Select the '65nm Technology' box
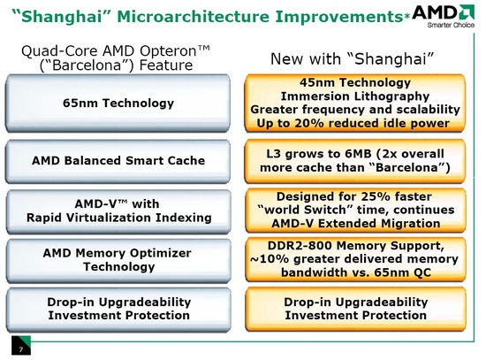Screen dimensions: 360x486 tap(118, 103)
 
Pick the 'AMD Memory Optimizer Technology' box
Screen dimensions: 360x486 tap(118, 259)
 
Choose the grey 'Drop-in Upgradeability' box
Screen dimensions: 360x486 tap(118, 308)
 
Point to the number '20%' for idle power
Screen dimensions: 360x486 tap(317, 123)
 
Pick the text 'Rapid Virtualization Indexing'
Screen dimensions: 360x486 tap(118, 216)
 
